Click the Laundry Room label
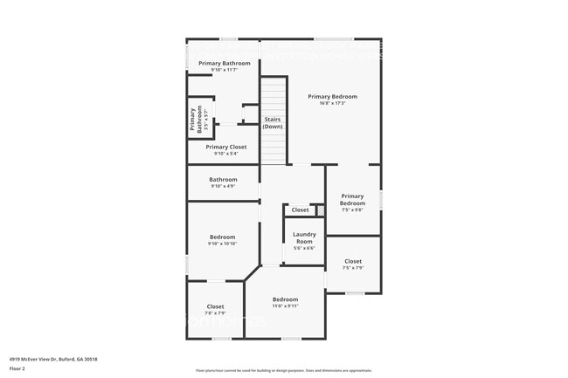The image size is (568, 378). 304,237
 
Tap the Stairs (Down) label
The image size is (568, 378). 273,122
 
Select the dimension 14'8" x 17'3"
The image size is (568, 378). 332,104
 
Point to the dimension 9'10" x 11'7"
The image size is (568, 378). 224,70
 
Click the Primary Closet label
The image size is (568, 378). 225,147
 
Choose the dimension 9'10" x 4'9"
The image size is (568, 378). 223,186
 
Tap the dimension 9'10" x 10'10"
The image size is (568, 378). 222,244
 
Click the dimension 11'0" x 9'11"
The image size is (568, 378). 285,306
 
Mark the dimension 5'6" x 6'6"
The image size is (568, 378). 304,249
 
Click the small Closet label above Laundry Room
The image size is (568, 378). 300,210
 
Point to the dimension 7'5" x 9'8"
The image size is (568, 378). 352,210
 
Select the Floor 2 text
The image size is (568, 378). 17,368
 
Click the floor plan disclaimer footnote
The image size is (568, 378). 283,369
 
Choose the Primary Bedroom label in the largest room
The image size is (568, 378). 332,96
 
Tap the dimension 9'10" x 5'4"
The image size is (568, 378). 225,154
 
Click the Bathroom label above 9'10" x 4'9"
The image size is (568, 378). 223,179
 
